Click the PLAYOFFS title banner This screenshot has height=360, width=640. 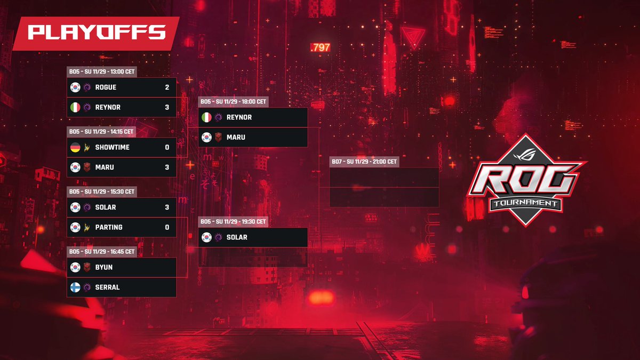(96, 33)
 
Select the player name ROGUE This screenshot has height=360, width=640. (106, 87)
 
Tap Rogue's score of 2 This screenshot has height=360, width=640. (167, 87)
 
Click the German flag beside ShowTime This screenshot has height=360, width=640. (75, 147)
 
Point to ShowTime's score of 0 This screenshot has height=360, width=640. (167, 147)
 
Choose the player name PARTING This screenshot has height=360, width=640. (109, 227)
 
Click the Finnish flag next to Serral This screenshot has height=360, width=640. (75, 287)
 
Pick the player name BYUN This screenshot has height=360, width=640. (104, 267)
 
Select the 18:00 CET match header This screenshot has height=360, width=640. (233, 101)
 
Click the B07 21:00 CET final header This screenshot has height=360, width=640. (364, 161)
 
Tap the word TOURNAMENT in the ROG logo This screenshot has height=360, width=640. (526, 203)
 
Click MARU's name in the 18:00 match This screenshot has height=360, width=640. (236, 138)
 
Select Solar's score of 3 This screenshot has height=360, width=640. (167, 207)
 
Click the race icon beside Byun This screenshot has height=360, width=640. (87, 267)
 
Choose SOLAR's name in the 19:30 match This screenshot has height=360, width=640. (237, 237)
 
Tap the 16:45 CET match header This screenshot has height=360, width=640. (101, 251)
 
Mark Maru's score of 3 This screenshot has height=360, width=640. (167, 167)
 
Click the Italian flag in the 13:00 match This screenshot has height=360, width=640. (75, 108)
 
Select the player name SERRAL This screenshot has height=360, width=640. (107, 287)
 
